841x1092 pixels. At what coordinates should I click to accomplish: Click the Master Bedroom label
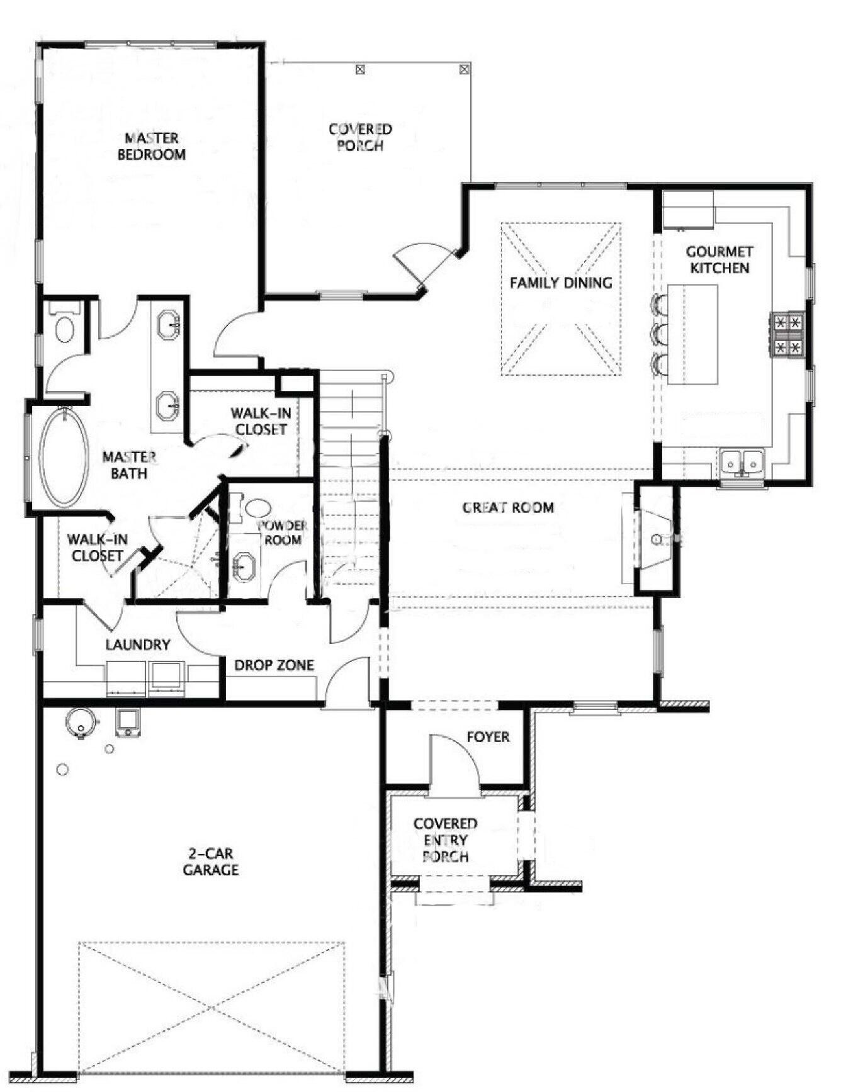click(x=151, y=146)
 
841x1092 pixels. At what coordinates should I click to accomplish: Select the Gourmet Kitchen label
click(x=720, y=260)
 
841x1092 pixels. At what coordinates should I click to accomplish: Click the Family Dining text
click(x=560, y=283)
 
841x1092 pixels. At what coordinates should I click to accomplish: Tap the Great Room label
click(x=508, y=507)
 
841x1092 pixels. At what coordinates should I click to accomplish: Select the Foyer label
click(x=488, y=736)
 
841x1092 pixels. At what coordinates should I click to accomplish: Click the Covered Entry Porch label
click(x=445, y=840)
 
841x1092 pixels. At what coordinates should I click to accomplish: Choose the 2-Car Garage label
click(x=210, y=862)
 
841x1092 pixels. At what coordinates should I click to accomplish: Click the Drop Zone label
click(x=274, y=665)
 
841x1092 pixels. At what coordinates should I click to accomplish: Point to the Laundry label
click(x=138, y=645)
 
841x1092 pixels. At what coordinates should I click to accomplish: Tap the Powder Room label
click(x=283, y=532)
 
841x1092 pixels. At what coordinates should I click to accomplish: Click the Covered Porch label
click(x=360, y=137)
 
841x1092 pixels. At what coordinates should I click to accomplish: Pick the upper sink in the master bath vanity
click(x=168, y=324)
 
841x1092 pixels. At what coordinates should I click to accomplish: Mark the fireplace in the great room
click(x=655, y=538)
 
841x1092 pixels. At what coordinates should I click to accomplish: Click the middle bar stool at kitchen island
click(x=660, y=333)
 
